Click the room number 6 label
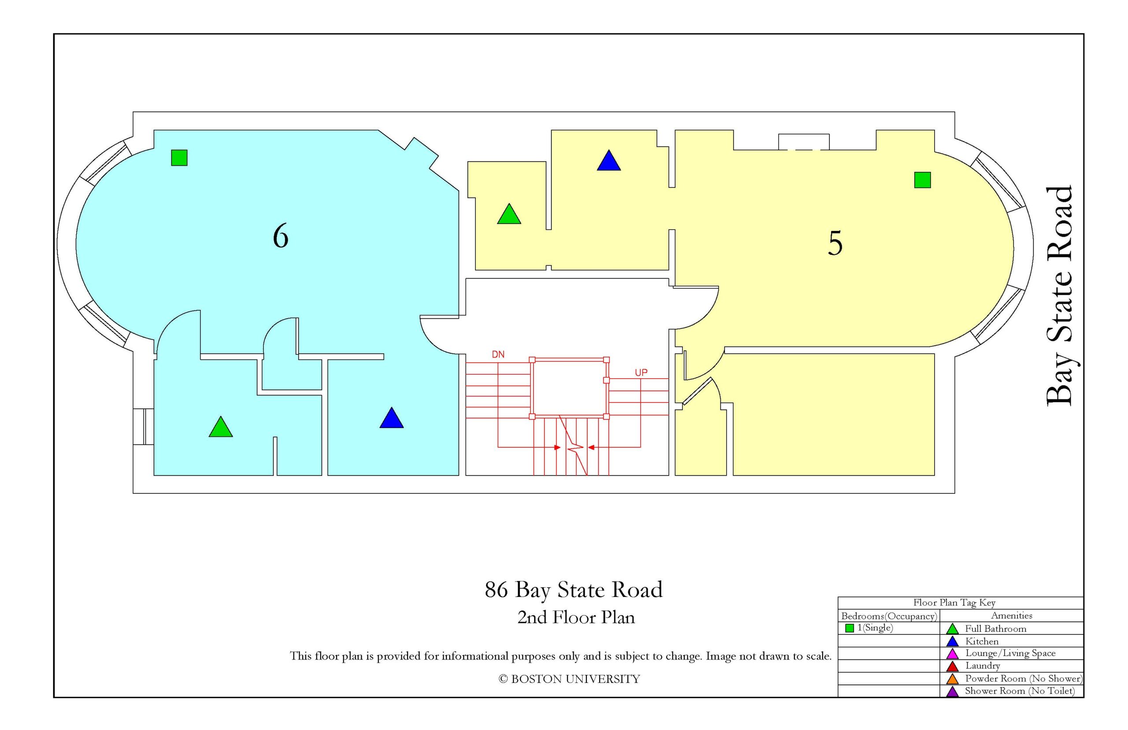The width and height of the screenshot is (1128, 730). pos(281,236)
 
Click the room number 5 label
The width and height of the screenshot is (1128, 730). pos(835,243)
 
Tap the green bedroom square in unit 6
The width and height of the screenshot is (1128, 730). pos(179,157)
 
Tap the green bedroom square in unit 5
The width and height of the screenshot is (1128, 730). pos(922,180)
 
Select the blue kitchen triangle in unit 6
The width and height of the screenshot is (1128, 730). pos(391,419)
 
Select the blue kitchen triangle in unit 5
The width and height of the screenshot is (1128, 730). pos(609,161)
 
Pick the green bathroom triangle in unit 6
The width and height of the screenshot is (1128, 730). pos(221,428)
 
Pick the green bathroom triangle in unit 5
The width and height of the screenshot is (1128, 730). pos(509,215)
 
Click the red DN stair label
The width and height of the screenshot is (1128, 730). pos(498,354)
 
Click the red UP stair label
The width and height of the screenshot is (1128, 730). pos(641,372)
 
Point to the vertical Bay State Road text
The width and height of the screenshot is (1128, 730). pos(1059,296)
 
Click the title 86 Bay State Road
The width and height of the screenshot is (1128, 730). pos(574,590)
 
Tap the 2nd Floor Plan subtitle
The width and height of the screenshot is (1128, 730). pos(576,617)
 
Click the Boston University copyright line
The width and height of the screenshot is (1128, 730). pos(569,679)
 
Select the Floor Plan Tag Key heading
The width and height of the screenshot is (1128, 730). pos(954,603)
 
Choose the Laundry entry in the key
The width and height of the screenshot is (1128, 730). pos(983,666)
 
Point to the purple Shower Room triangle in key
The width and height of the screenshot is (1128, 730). pos(952,692)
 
